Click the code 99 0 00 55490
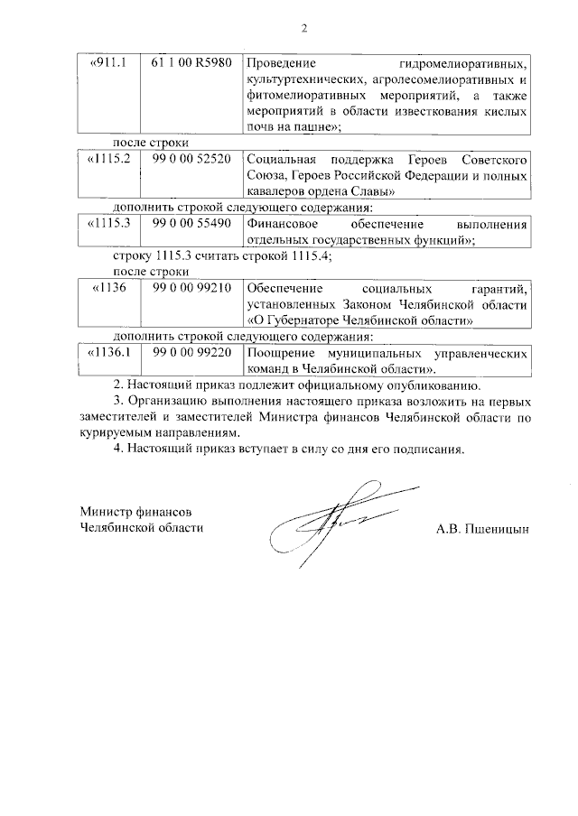(x=192, y=223)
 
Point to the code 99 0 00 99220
(x=192, y=352)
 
